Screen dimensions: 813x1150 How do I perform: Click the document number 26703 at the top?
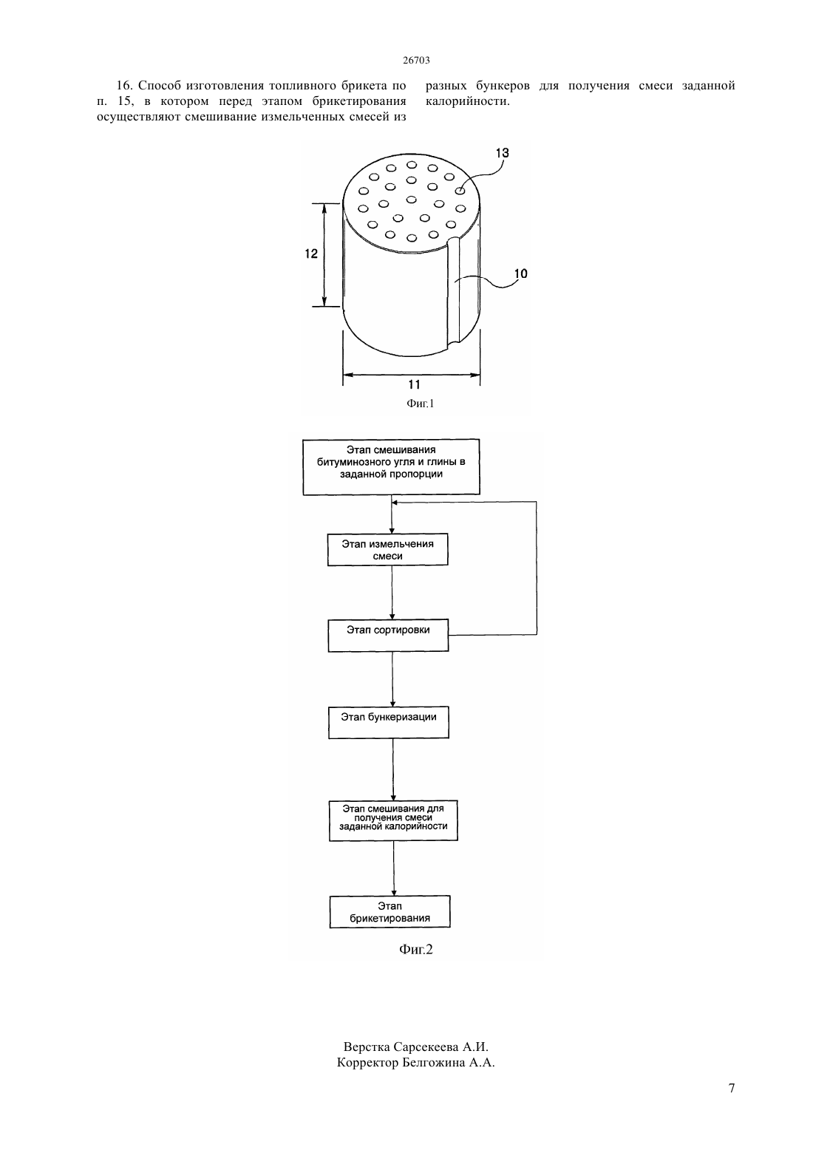pos(416,60)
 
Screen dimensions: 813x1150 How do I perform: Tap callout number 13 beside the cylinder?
pos(502,152)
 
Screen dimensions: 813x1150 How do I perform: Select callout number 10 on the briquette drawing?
pos(520,273)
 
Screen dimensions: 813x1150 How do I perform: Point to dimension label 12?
pos(311,254)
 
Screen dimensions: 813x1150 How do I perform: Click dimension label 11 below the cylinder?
pos(414,384)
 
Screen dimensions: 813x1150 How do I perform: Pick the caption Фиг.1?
pos(421,404)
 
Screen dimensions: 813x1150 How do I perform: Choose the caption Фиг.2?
pos(415,949)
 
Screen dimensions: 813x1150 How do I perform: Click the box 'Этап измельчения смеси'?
pos(387,550)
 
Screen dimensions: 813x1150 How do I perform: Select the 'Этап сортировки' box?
pos(388,636)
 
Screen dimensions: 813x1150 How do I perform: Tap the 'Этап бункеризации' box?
pos(389,723)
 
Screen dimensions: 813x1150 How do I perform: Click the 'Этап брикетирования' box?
pos(390,912)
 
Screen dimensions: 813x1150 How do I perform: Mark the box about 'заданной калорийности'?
pos(393,820)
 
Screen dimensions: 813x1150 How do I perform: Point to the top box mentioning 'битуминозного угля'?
pos(391,466)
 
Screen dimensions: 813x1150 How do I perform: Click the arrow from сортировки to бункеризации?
pos(392,679)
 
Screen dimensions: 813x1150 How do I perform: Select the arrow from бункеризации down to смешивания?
pos(393,769)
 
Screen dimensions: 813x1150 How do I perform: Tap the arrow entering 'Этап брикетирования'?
pos(394,868)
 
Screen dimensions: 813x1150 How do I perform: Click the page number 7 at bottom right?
pos(732,1088)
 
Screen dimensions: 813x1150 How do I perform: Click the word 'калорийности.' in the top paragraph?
pos(468,101)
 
